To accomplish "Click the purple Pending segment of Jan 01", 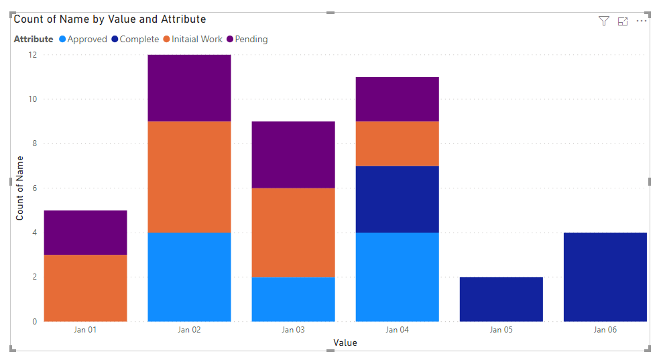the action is coord(86,233).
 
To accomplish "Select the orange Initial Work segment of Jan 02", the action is coord(189,177).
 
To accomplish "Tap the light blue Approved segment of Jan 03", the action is coord(294,299).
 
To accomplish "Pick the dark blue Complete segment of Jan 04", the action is coord(397,199).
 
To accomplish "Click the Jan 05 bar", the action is coord(501,299).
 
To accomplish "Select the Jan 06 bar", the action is coord(605,277).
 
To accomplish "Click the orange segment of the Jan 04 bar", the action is coord(397,143).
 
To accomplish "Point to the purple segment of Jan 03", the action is coord(294,155).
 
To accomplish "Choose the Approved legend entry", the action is coord(83,39).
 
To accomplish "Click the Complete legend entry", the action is coord(135,39).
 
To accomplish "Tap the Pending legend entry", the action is coord(247,39).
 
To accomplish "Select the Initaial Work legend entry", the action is coord(192,39).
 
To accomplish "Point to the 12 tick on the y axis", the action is coord(32,55).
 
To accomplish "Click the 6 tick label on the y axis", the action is coord(35,188).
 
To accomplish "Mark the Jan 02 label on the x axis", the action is coord(189,330).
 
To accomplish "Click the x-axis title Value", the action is coord(345,343).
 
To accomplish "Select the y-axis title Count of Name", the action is coord(19,188).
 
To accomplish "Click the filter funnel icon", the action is coord(603,21).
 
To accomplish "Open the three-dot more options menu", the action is coord(641,21).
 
